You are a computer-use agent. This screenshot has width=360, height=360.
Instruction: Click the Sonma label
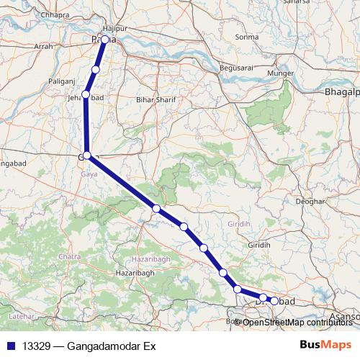click(x=246, y=36)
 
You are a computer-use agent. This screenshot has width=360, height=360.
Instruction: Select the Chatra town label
click(x=70, y=256)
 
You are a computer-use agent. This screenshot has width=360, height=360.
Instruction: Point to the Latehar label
click(x=19, y=316)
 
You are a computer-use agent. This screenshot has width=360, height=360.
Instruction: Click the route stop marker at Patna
click(x=105, y=40)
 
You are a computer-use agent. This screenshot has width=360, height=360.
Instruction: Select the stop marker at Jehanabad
click(x=86, y=94)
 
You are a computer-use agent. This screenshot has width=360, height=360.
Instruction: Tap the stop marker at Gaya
click(x=87, y=156)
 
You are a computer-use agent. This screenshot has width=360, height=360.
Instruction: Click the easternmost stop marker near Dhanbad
click(x=274, y=301)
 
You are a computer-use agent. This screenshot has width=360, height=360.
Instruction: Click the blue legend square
click(x=9, y=346)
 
